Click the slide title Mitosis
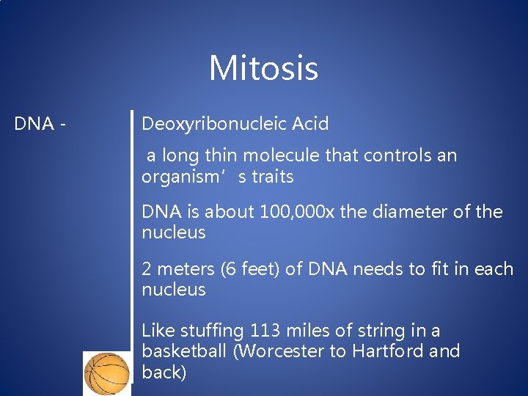coord(263,68)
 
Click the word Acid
coord(309,124)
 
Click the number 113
coord(265,330)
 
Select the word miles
coord(307,330)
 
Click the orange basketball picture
coord(107,373)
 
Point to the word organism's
coord(181,177)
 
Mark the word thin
coord(219,155)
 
